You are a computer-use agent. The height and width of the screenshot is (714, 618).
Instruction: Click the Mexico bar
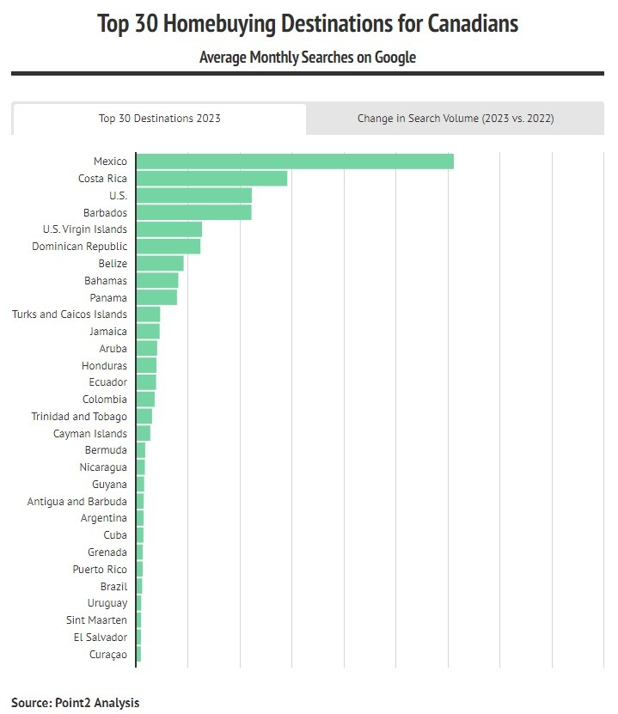click(x=295, y=162)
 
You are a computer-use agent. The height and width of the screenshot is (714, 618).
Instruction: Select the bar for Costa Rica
click(x=211, y=179)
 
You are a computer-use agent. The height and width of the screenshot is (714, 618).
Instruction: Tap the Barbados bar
click(x=193, y=212)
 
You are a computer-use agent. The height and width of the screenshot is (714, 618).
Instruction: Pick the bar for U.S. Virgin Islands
click(x=168, y=229)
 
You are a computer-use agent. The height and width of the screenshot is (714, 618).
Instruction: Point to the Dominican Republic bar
click(x=168, y=247)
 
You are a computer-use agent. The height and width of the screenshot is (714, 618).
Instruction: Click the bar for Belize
click(x=160, y=264)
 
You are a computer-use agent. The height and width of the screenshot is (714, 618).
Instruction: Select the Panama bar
click(x=156, y=297)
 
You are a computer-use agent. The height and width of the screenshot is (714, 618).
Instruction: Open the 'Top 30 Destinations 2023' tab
click(x=159, y=119)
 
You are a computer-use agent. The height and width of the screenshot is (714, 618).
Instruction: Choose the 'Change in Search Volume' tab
click(x=456, y=119)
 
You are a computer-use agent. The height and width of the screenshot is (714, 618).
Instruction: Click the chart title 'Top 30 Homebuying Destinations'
click(x=308, y=23)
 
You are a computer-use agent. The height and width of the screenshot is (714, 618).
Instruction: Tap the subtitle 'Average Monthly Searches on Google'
click(x=308, y=58)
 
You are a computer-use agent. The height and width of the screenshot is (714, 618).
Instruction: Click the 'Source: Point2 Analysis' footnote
click(x=75, y=703)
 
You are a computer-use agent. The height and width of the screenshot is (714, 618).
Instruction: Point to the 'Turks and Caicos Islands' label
click(x=70, y=314)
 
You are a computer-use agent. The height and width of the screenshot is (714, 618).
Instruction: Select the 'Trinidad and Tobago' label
click(x=79, y=417)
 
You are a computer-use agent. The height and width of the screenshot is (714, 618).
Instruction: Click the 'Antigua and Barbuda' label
click(x=76, y=502)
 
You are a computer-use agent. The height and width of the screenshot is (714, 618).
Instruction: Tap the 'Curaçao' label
click(x=107, y=655)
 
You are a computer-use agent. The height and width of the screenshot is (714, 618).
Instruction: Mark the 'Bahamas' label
click(x=106, y=281)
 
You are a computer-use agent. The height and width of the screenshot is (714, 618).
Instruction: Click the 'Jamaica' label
click(x=107, y=332)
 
